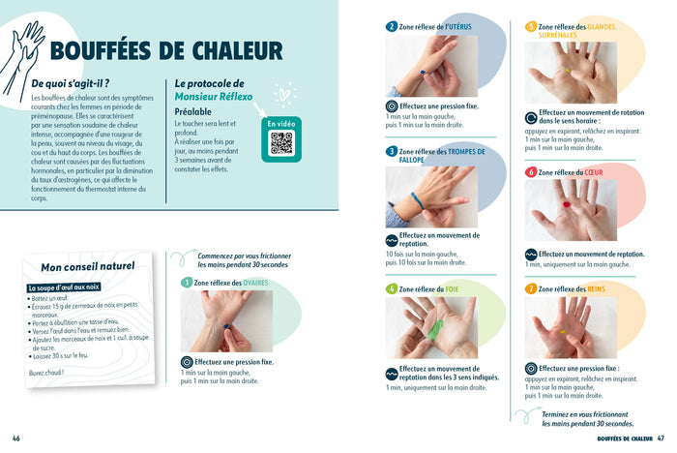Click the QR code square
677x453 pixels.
pos(281,143)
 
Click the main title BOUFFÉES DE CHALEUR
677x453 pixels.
pos(165,51)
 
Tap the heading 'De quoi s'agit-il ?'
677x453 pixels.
pos(70,84)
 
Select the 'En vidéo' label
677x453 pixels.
pos(280,124)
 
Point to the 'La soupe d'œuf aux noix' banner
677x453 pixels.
pos(64,287)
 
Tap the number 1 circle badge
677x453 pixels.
pos(187,283)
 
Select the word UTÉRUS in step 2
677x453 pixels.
pos(455,27)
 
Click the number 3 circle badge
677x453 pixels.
pos(391,152)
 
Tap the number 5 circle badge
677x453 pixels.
pos(531,27)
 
